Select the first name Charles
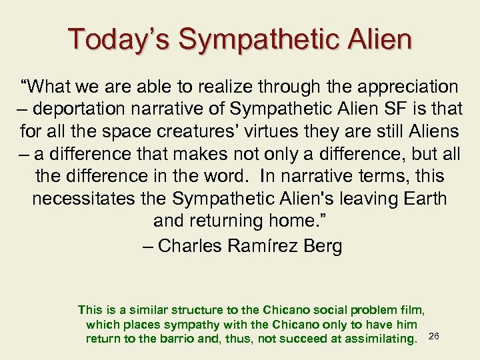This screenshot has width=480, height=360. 191,245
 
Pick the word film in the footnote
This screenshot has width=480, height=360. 414,309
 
